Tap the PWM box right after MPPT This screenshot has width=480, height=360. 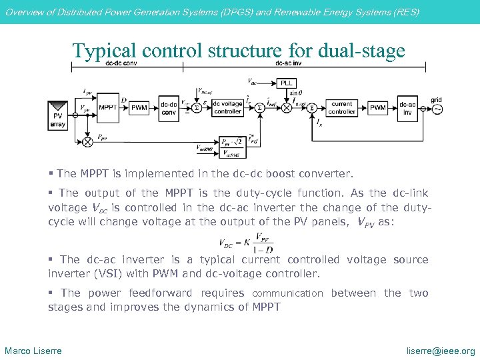tap(139, 107)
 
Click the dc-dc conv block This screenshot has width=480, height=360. tap(169, 107)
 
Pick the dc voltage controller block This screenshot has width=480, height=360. tap(227, 107)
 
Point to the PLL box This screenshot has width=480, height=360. tap(287, 83)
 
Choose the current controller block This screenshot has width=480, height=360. tap(341, 107)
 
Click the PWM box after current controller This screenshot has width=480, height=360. tap(377, 107)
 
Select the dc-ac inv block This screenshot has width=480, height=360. tap(407, 107)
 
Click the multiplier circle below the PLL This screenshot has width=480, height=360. tap(287, 107)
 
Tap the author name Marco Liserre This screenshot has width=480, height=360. tap(33, 351)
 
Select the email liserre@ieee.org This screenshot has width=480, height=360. tap(441, 351)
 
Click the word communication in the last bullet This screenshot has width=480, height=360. tap(287, 293)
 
